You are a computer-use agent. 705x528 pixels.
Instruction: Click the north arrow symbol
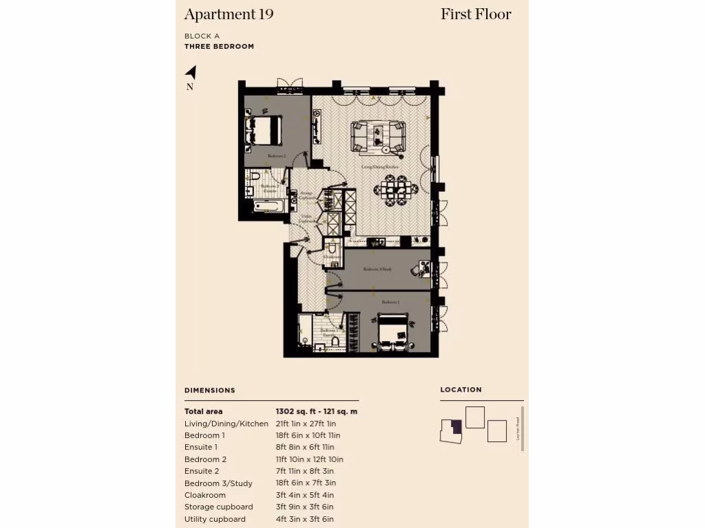(x=191, y=72)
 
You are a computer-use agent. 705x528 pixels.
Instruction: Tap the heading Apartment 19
(x=229, y=14)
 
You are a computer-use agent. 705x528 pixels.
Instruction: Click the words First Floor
(x=476, y=14)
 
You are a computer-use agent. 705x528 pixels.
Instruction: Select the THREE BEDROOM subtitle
(x=219, y=47)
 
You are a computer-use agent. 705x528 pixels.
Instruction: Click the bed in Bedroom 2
(x=265, y=129)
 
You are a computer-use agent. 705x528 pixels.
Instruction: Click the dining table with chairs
(x=397, y=188)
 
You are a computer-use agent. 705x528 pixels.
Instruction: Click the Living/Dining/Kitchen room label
(x=377, y=166)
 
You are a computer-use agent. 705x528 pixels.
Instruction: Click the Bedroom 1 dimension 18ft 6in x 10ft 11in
(x=308, y=435)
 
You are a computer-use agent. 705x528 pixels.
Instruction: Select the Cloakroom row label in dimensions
(x=205, y=495)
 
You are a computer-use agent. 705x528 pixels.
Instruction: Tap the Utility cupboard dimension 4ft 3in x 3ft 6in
(x=304, y=519)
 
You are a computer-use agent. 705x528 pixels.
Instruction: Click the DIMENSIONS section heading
(x=210, y=390)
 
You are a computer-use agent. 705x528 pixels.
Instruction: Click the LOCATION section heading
(x=461, y=389)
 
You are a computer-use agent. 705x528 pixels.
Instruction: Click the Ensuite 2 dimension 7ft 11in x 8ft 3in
(x=305, y=471)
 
